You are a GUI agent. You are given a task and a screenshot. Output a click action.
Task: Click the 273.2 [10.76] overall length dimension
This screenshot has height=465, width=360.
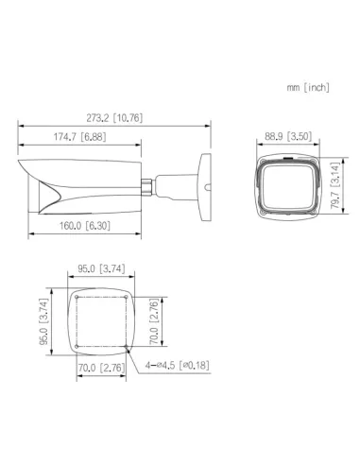point(114,118)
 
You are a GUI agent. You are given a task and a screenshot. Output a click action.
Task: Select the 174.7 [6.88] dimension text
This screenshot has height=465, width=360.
point(79,137)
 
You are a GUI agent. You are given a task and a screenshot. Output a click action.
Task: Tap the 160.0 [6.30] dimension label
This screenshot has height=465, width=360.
point(85,226)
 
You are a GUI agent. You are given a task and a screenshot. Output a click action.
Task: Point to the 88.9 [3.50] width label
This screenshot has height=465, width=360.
point(288,136)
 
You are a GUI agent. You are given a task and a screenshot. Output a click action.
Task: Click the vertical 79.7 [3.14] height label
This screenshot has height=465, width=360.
point(334,185)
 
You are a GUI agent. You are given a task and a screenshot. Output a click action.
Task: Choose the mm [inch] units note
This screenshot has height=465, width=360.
point(308,87)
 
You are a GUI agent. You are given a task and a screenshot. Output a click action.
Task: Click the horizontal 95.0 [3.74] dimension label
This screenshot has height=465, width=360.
point(101,268)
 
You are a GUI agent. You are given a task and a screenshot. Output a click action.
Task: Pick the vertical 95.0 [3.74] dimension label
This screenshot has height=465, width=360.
point(43,321)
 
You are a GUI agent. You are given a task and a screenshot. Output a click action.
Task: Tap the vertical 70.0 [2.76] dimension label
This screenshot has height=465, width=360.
point(154,321)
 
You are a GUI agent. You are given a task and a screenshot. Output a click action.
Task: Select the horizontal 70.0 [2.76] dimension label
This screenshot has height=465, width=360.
point(101,368)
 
